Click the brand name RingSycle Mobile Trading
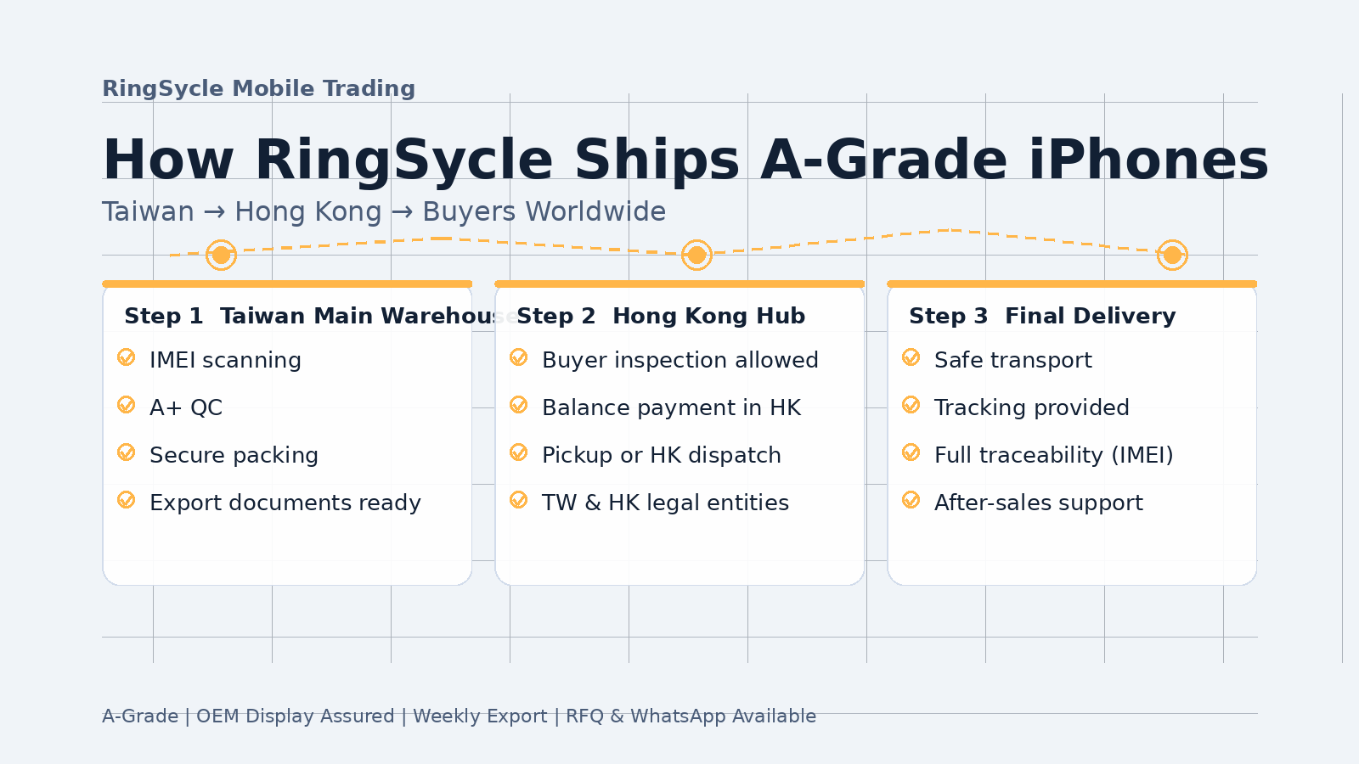click(258, 88)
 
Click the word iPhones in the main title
click(1148, 160)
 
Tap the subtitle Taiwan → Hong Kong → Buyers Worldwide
click(383, 211)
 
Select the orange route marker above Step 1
click(221, 255)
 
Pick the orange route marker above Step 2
click(696, 255)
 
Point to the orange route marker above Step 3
click(1172, 255)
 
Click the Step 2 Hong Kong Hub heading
click(661, 316)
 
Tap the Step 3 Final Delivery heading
click(1042, 316)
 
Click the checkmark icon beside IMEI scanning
click(127, 357)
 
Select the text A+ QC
click(186, 407)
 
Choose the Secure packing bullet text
click(234, 455)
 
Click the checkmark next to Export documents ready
click(127, 500)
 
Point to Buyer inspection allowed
click(679, 360)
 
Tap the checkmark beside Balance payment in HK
click(519, 405)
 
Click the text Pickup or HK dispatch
click(661, 455)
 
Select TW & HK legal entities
click(665, 503)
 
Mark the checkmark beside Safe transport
click(911, 357)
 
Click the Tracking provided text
click(1031, 407)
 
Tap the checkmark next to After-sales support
click(911, 500)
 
